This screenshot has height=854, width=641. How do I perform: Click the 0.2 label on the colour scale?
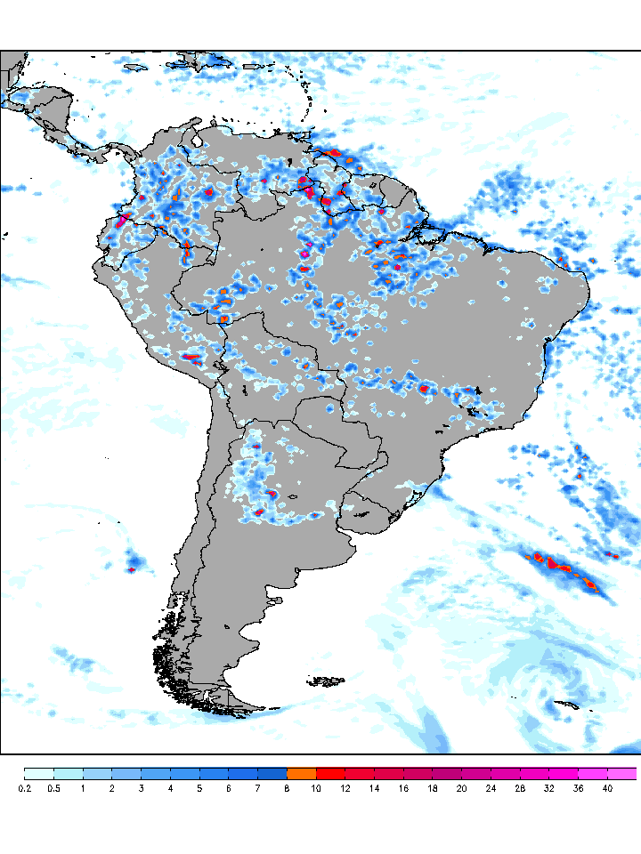click(x=24, y=788)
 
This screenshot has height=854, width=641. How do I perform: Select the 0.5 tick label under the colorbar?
click(x=53, y=788)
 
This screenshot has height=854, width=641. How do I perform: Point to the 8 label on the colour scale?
click(x=287, y=788)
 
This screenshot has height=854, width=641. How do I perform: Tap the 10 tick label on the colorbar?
click(x=316, y=788)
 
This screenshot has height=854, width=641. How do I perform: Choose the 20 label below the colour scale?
click(x=462, y=788)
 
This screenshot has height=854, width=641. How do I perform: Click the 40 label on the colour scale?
click(x=608, y=788)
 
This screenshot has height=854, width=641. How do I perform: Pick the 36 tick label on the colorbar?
click(x=579, y=788)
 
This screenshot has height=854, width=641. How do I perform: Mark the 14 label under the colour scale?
click(x=375, y=788)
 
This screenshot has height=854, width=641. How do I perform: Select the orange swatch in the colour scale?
click(x=302, y=773)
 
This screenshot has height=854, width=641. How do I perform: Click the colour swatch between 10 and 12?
click(x=331, y=773)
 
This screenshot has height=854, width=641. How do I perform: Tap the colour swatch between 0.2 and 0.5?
click(x=39, y=773)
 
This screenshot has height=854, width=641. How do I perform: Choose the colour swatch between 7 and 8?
click(x=272, y=773)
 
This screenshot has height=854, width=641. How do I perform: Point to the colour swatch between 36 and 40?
click(x=594, y=773)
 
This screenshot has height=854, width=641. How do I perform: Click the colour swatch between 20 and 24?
click(x=477, y=773)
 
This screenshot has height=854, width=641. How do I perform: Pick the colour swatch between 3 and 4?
click(x=156, y=773)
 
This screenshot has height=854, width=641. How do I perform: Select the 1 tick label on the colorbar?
click(x=83, y=788)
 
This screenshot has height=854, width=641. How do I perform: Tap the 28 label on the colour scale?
click(x=521, y=788)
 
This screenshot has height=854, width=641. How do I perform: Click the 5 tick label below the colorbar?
click(x=199, y=788)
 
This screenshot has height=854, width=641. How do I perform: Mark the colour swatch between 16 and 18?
click(x=418, y=773)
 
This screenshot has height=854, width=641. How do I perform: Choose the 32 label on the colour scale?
click(x=550, y=788)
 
